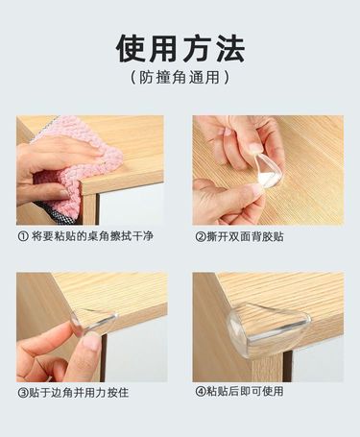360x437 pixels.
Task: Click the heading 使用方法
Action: click(x=180, y=49)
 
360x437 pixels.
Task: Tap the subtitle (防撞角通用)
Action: click(x=180, y=78)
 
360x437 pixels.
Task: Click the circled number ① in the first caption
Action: click(x=23, y=237)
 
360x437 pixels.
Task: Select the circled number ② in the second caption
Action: click(x=201, y=237)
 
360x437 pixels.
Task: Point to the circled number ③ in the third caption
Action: click(x=23, y=393)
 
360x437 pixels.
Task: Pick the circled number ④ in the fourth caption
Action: click(x=201, y=391)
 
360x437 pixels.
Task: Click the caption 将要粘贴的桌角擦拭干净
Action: click(x=92, y=236)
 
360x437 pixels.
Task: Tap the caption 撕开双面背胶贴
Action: click(x=245, y=237)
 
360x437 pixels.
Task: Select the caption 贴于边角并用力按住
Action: click(x=79, y=393)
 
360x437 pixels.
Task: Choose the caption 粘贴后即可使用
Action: click(x=245, y=391)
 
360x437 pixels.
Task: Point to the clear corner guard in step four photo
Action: click(x=269, y=329)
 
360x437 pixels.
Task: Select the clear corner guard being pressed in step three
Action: click(x=93, y=321)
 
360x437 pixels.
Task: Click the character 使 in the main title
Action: click(x=131, y=49)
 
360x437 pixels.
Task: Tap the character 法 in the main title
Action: click(x=230, y=49)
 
